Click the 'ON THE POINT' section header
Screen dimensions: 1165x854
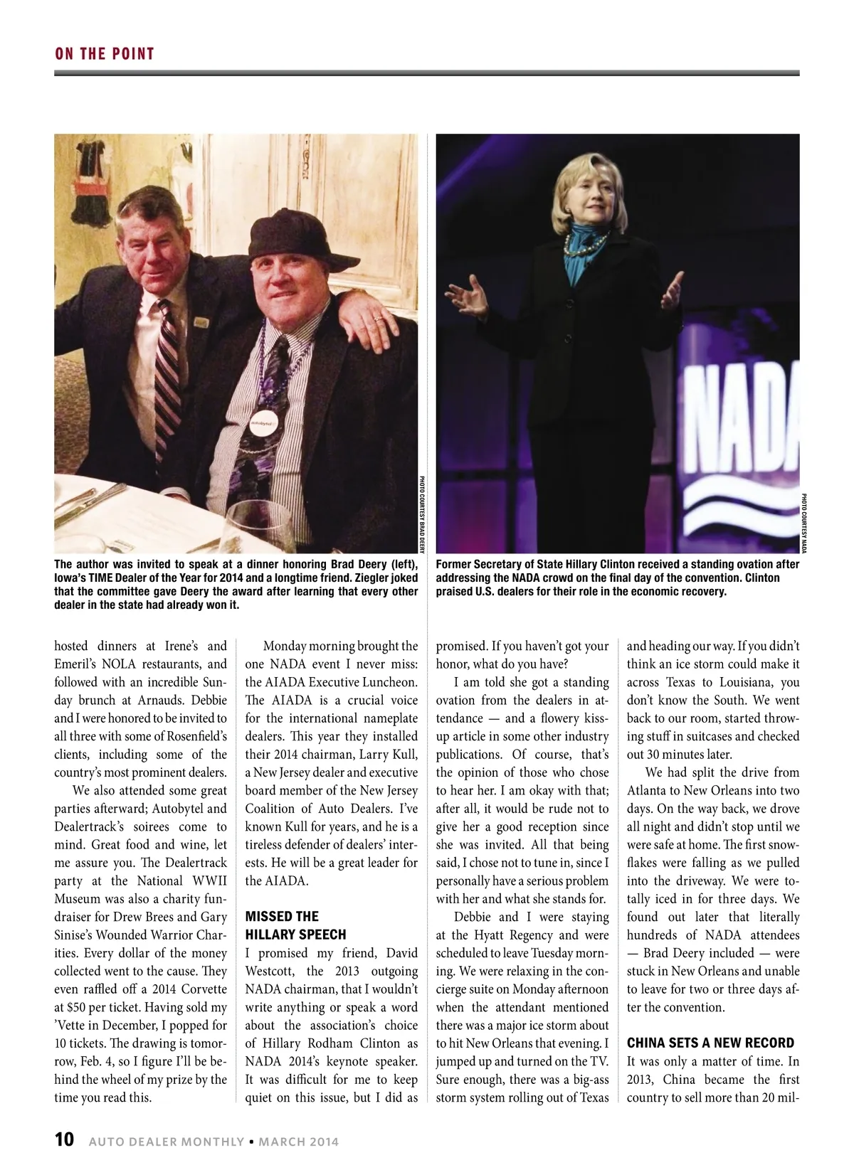(x=105, y=54)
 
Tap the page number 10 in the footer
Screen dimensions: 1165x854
(x=64, y=1139)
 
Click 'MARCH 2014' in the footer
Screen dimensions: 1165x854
(x=298, y=1142)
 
